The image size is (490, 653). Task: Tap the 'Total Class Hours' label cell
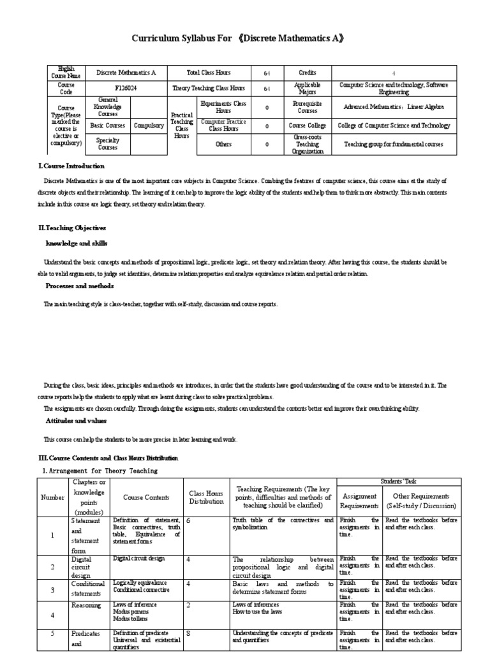(x=209, y=73)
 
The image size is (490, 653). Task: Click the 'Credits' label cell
(x=307, y=73)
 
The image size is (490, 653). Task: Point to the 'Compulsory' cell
(x=149, y=126)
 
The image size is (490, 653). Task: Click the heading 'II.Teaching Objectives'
(x=72, y=228)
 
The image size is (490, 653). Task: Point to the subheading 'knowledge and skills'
(x=77, y=244)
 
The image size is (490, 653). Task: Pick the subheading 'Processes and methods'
(x=79, y=286)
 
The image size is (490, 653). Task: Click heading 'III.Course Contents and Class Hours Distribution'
(x=109, y=458)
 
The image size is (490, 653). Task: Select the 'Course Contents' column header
(x=146, y=497)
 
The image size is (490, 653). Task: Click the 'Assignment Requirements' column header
(x=360, y=501)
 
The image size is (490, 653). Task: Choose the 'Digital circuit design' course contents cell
(x=139, y=558)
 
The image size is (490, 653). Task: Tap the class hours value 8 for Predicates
(x=189, y=633)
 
